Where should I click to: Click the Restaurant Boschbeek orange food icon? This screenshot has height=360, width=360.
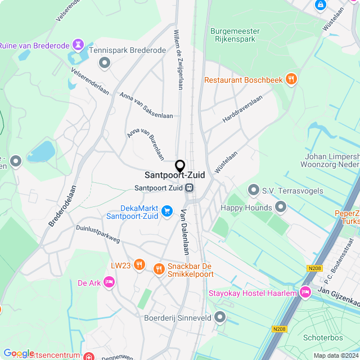pyautogui.click(x=291, y=80)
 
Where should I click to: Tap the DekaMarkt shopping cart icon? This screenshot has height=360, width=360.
pyautogui.click(x=166, y=211)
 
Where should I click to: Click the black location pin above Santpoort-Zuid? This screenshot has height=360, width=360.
pyautogui.click(x=180, y=166)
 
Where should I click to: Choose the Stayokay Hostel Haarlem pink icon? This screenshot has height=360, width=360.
pyautogui.click(x=305, y=292)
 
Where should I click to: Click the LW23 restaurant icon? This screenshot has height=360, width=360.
pyautogui.click(x=139, y=265)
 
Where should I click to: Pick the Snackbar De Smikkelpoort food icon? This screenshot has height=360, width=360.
pyautogui.click(x=159, y=268)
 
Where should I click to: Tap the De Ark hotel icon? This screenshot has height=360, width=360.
pyautogui.click(x=109, y=282)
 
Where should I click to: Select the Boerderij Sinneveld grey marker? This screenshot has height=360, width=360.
pyautogui.click(x=220, y=318)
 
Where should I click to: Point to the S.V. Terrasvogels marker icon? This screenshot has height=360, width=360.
pyautogui.click(x=253, y=191)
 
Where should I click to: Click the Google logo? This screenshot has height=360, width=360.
pyautogui.click(x=19, y=353)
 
